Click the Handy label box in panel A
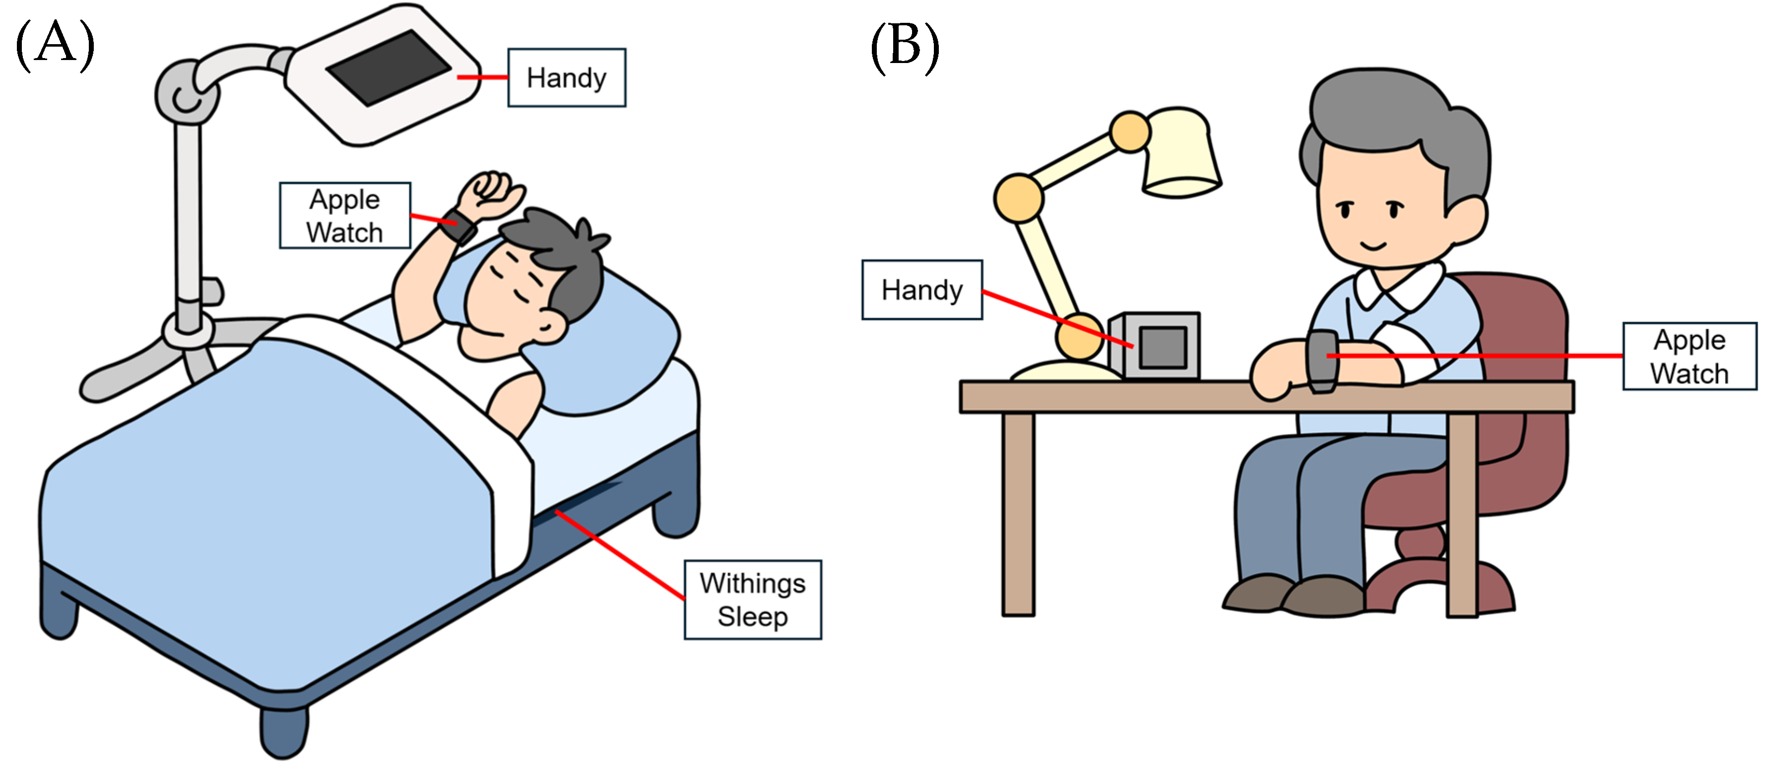pyautogui.click(x=567, y=77)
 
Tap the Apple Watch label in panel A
pyautogui.click(x=345, y=216)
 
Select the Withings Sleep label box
pyautogui.click(x=753, y=599)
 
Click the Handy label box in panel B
pyautogui.click(x=921, y=290)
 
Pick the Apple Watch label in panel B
pyautogui.click(x=1689, y=356)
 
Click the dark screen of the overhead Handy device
pyautogui.click(x=389, y=67)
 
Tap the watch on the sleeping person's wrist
pyautogui.click(x=459, y=225)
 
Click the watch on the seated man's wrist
pyautogui.click(x=1322, y=361)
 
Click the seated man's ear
pyautogui.click(x=1466, y=220)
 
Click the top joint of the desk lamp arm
pyautogui.click(x=1130, y=132)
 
